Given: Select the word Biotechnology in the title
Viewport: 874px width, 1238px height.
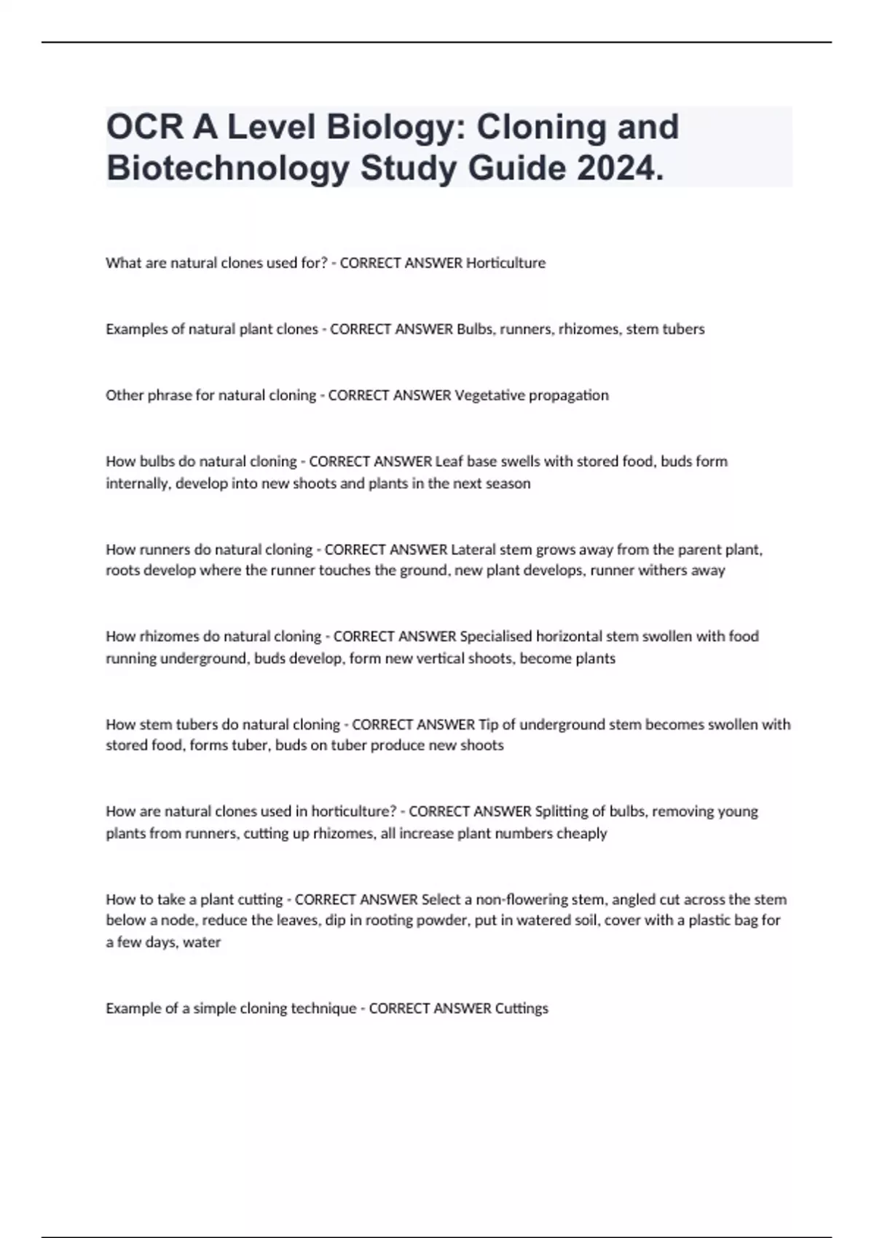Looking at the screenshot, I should pos(227,168).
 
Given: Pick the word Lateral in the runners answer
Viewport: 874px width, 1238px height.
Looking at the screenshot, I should pos(473,549).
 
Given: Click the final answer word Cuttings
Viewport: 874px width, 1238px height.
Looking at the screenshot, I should pos(521,1009).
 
